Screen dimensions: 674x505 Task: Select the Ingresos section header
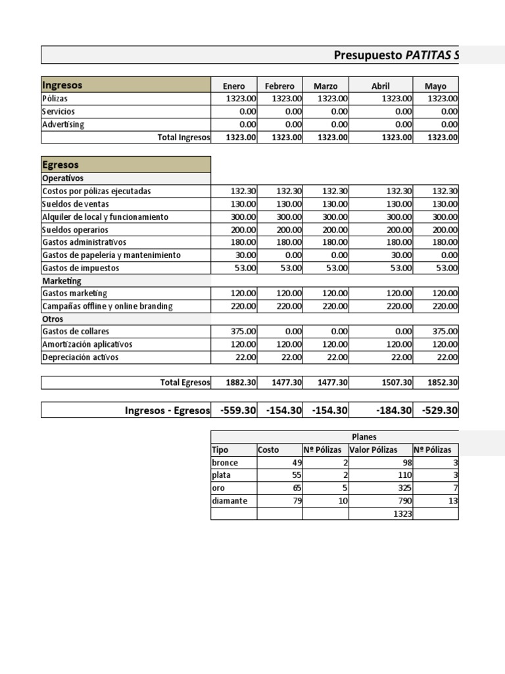point(62,86)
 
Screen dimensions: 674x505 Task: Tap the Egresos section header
point(60,165)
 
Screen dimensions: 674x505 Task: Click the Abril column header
point(380,86)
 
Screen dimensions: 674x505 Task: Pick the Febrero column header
point(279,86)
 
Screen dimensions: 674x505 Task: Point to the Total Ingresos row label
point(183,137)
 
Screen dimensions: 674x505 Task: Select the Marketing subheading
point(62,281)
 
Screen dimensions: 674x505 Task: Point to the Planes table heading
point(364,436)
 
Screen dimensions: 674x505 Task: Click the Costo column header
point(268,450)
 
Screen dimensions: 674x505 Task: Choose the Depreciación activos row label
point(80,357)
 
